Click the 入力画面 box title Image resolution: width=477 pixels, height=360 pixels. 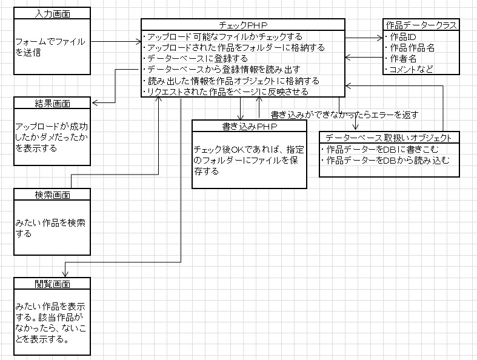pos(52,13)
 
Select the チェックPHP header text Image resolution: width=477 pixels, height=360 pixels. pos(242,24)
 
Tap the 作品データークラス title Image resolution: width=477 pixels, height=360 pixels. pos(421,24)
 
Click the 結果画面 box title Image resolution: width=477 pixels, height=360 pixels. pos(52,102)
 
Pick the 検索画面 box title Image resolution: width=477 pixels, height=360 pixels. pos(52,195)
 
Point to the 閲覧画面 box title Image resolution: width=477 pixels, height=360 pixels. pos(52,284)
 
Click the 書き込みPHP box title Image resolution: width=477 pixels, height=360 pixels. pos(249,126)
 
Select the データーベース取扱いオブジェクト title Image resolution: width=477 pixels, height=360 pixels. pos(389,138)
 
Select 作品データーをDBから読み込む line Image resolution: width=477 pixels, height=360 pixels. pos(388,160)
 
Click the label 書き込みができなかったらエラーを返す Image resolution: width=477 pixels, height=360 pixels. pos(344,115)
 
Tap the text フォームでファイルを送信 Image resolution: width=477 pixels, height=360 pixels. pos(50,47)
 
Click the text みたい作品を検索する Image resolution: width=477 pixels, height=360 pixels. pos(50,228)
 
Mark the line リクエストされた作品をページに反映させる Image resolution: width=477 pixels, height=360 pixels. pos(227,92)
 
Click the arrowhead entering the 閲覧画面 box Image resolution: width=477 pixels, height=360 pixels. pos(65,274)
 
